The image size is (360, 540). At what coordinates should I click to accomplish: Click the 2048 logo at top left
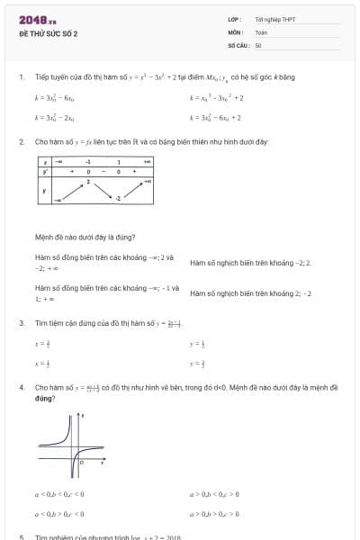click(37, 20)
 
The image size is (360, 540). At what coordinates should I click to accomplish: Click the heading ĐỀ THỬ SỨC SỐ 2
click(49, 33)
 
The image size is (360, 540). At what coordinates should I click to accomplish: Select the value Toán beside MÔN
click(261, 31)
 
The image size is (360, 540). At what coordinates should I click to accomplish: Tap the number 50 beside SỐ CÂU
click(258, 44)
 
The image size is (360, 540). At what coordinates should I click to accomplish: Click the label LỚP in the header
click(234, 19)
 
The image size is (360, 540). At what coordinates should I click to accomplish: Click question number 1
click(21, 77)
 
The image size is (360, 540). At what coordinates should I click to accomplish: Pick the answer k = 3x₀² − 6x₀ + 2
click(215, 118)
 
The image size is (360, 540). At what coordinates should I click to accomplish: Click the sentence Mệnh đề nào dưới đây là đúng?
click(85, 238)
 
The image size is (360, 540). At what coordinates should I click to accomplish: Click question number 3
click(21, 322)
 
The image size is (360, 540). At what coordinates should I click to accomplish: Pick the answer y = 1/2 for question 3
click(197, 344)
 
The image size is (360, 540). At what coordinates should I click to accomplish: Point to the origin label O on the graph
click(81, 462)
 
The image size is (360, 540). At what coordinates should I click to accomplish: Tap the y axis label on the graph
click(84, 416)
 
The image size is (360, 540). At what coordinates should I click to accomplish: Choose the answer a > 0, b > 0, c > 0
click(214, 494)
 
